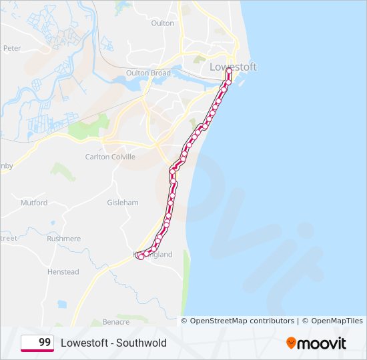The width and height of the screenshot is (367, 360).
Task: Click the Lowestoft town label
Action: click(x=233, y=67)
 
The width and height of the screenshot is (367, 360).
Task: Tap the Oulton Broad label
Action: click(x=148, y=73)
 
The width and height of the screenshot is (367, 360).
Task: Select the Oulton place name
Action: click(x=163, y=23)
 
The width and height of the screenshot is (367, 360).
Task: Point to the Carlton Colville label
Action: click(x=110, y=157)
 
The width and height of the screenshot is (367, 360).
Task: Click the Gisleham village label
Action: click(x=123, y=202)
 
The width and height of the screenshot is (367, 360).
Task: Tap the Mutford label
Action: click(x=34, y=203)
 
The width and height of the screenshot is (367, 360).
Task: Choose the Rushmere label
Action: click(x=64, y=239)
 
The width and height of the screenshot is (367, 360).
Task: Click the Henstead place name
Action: click(x=63, y=272)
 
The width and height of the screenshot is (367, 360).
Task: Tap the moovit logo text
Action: click(x=322, y=343)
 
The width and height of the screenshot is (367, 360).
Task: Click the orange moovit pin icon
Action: click(x=291, y=343)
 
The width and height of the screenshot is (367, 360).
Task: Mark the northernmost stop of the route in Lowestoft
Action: click(x=229, y=70)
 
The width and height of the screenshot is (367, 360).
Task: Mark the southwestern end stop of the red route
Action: click(x=139, y=256)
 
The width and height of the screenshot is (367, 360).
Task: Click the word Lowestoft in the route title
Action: click(x=83, y=343)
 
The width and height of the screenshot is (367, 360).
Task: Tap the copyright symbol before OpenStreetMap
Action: click(x=185, y=321)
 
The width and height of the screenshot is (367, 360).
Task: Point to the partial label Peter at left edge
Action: click(x=12, y=49)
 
